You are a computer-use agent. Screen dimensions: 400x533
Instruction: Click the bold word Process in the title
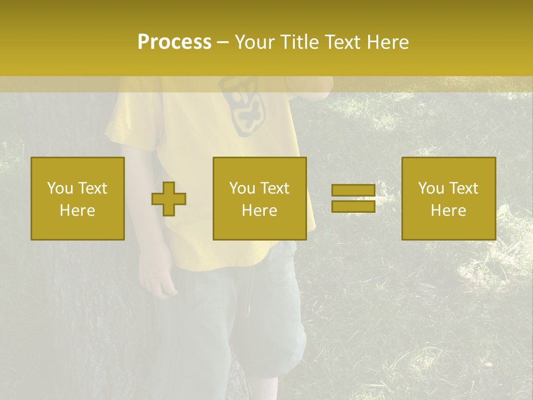click(x=174, y=42)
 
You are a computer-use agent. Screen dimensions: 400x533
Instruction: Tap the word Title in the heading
click(x=299, y=42)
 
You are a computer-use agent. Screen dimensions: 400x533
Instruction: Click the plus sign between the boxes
click(x=169, y=199)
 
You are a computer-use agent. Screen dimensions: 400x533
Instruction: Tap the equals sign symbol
click(x=353, y=199)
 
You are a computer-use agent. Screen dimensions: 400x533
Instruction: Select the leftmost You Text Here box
click(x=78, y=199)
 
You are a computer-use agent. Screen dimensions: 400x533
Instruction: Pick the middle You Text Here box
click(x=259, y=199)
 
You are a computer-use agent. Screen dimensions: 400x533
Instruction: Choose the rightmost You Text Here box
click(x=449, y=199)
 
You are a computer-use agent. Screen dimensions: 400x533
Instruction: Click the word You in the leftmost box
click(x=59, y=188)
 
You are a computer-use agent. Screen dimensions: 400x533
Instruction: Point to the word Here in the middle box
click(x=259, y=211)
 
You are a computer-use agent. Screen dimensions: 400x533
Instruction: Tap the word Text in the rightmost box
click(x=463, y=188)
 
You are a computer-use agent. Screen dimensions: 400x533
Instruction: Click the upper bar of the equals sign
click(x=353, y=191)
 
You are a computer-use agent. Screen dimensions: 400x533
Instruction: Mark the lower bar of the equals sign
click(x=353, y=206)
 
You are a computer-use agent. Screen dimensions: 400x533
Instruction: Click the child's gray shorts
click(x=244, y=317)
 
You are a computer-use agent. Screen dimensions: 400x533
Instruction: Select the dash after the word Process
click(x=223, y=42)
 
